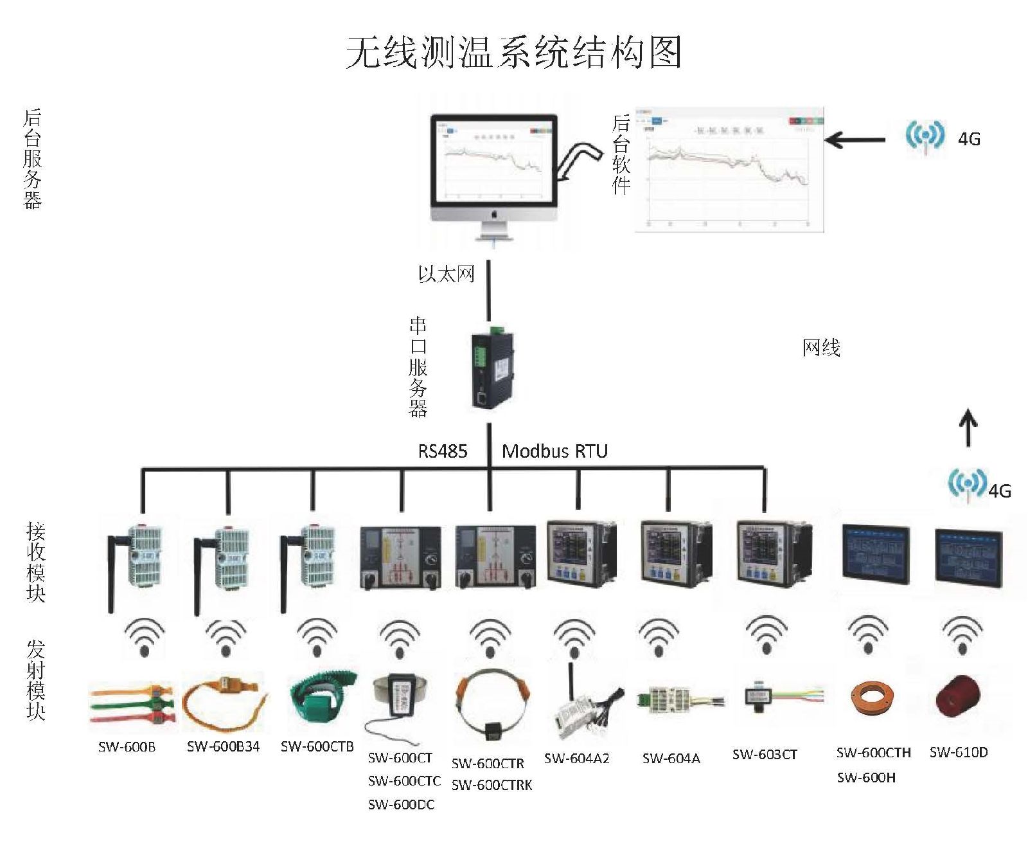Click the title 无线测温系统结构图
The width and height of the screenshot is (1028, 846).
(513, 51)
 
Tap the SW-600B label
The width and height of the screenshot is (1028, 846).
(127, 746)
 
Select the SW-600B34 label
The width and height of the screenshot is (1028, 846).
(224, 746)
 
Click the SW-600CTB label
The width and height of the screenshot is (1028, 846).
(317, 746)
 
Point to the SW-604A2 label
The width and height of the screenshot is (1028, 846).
(576, 758)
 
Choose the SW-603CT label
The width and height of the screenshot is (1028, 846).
(765, 754)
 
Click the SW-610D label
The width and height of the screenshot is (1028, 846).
(959, 752)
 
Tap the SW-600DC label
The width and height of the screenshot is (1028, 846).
(401, 804)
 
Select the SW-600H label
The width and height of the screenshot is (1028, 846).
(866, 778)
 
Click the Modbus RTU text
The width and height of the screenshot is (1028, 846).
(554, 451)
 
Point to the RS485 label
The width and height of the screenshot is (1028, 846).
(443, 451)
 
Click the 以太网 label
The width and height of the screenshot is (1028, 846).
(447, 274)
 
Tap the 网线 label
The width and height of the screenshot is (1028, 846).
(821, 348)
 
